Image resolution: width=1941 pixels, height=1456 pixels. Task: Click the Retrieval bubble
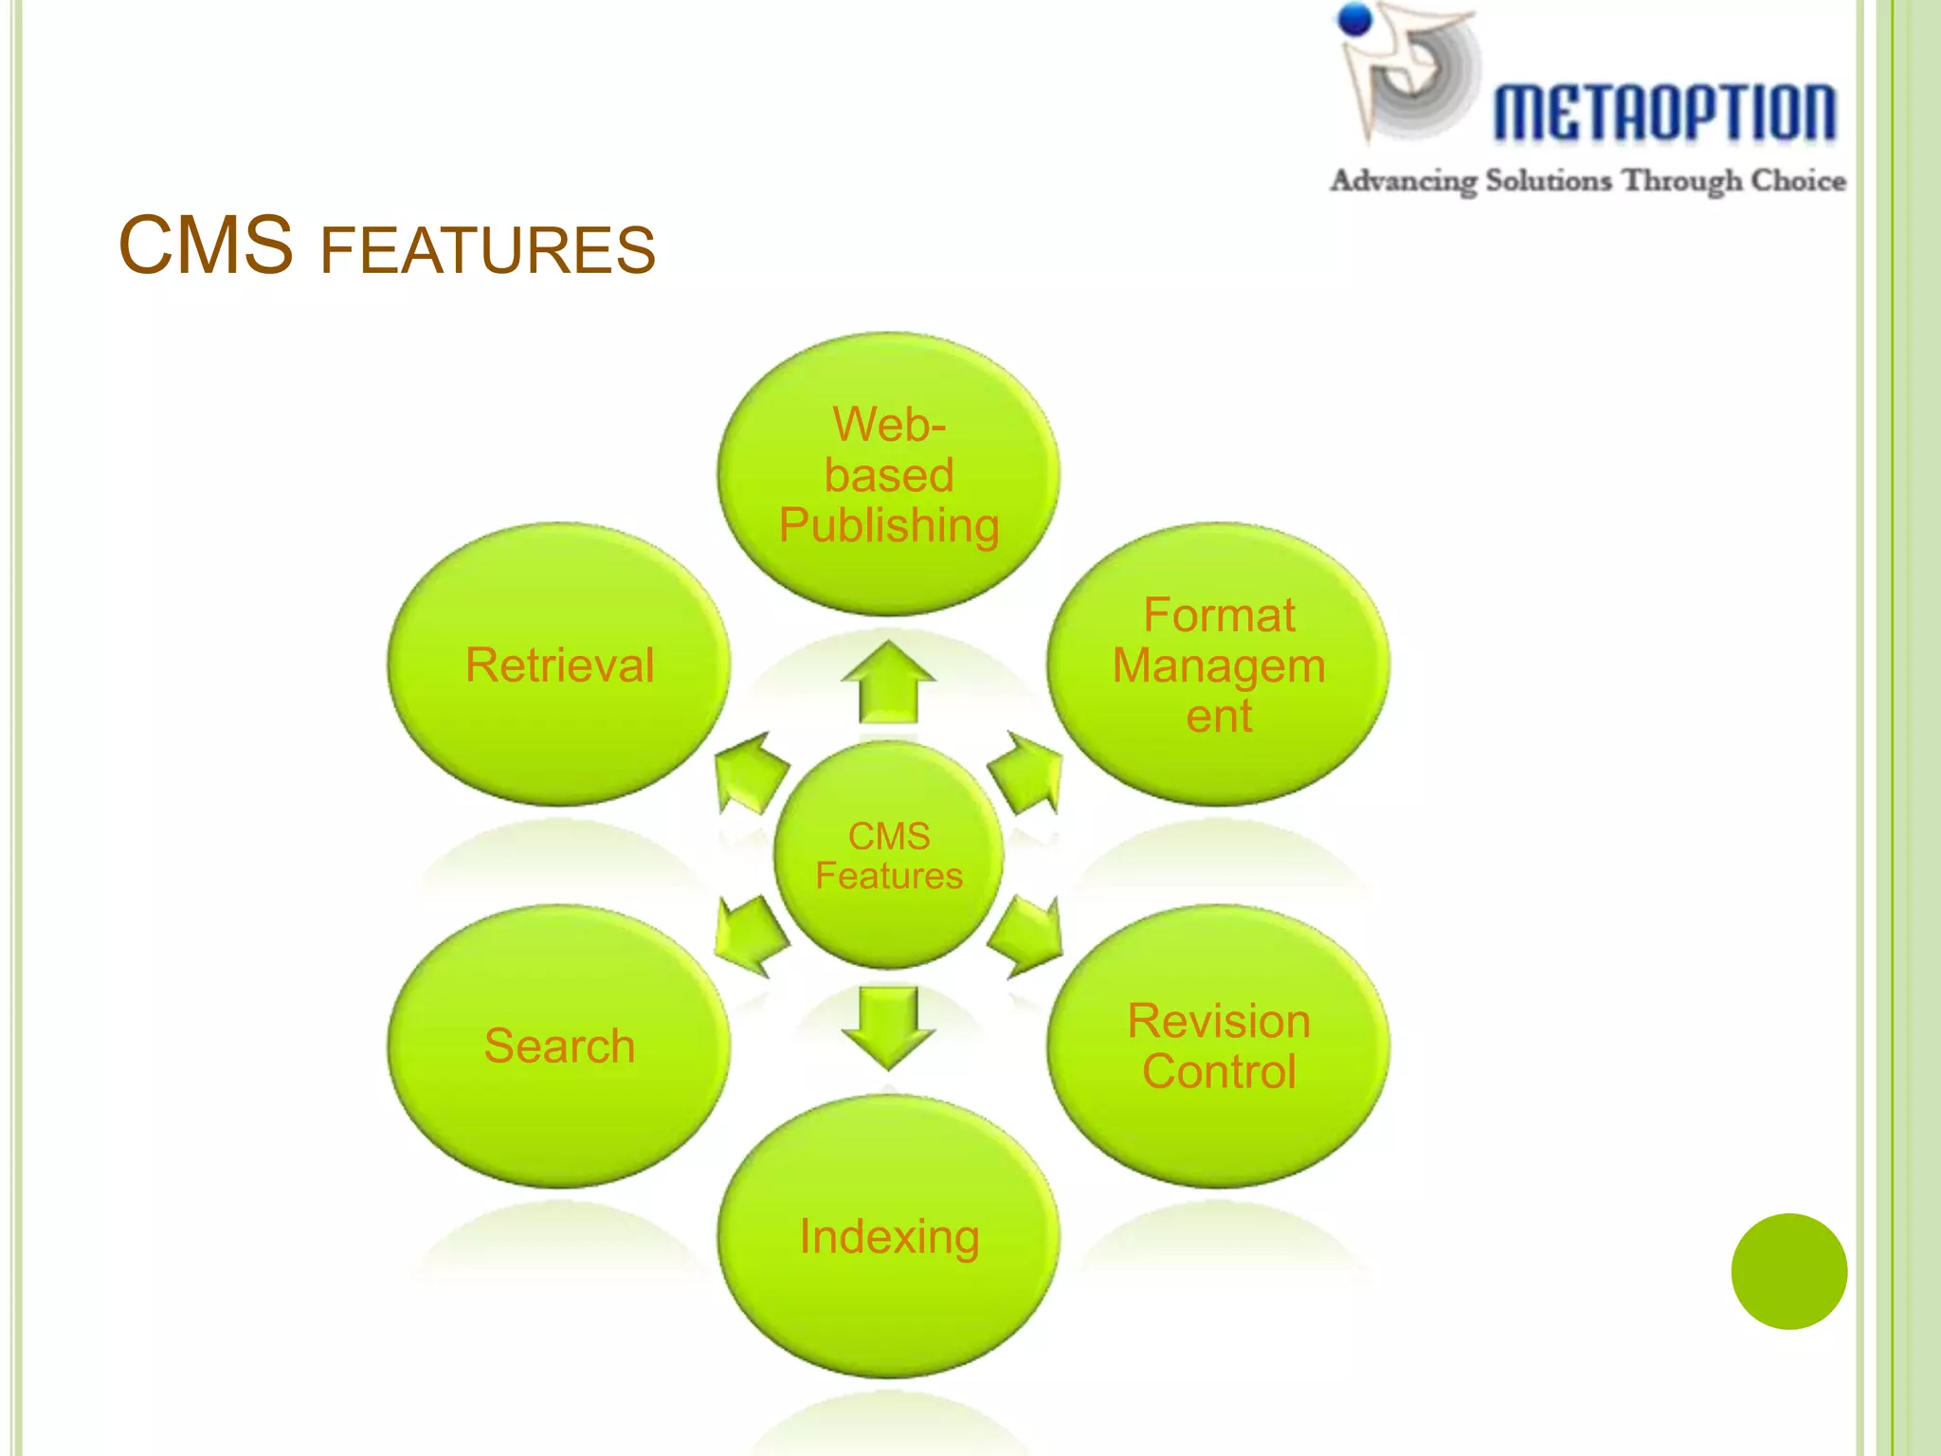click(559, 664)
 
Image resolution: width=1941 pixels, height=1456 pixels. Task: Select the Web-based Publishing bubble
click(888, 474)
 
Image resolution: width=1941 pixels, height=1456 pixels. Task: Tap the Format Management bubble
click(1218, 664)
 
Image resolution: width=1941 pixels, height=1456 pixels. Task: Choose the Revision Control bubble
click(1218, 1046)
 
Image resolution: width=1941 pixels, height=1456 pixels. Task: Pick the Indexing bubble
click(888, 1236)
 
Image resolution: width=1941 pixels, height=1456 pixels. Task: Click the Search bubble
click(559, 1046)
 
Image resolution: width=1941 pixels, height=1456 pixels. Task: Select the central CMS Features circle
click(889, 856)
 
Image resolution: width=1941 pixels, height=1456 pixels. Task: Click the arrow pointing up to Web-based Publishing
click(888, 682)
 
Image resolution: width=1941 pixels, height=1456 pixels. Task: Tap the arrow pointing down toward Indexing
click(888, 1027)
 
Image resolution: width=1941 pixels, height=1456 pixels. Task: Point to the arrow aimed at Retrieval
click(750, 772)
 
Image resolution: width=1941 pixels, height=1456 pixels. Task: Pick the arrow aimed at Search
click(750, 937)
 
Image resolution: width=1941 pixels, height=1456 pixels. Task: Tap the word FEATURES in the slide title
click(487, 251)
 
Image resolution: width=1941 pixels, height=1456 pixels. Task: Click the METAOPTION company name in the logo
click(1664, 113)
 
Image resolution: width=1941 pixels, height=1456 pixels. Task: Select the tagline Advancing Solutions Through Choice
click(1587, 180)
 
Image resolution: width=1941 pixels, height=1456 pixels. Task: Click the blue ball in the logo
click(1356, 19)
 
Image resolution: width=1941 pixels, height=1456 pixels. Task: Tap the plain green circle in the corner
click(1788, 1271)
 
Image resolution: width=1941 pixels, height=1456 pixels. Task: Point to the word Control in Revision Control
click(1219, 1072)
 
